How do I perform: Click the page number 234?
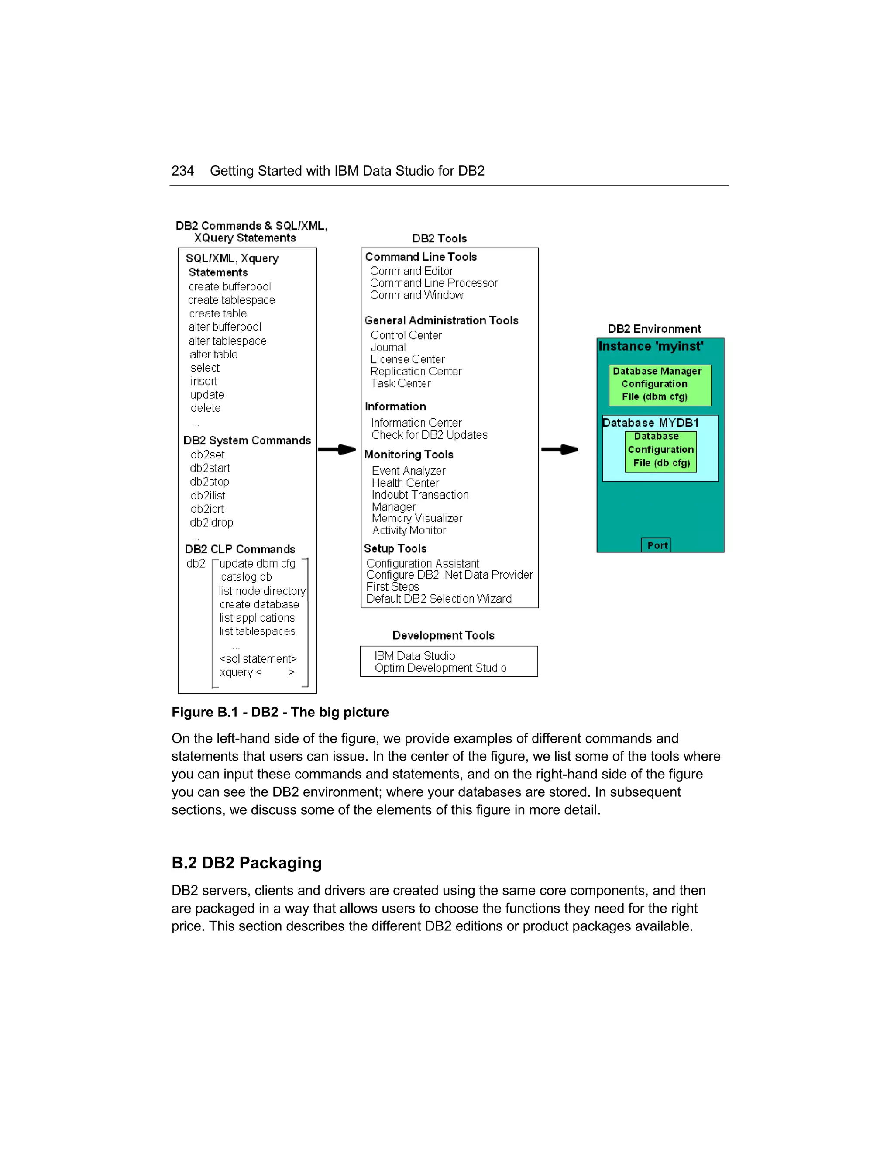182,171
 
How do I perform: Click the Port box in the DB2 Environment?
657,545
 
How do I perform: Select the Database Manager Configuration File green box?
660,384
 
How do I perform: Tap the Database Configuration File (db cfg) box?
660,450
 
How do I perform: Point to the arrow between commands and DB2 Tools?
337,449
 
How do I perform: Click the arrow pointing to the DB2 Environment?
560,449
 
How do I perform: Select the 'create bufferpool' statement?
229,286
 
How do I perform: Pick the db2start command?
210,468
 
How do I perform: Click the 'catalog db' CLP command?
246,577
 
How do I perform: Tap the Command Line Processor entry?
433,283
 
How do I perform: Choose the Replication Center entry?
416,372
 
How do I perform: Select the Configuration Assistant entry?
423,563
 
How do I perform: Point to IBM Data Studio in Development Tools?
414,656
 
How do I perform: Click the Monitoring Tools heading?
408,455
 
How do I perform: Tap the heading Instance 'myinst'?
651,347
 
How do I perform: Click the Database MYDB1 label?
650,423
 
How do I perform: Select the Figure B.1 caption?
280,712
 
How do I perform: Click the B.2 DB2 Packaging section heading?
246,863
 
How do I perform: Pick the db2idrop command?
211,522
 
